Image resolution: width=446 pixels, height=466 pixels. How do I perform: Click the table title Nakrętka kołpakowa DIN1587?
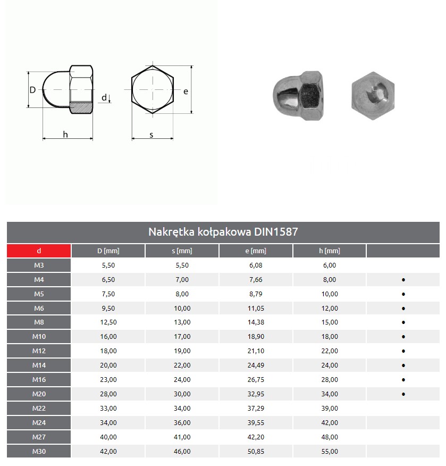(223, 232)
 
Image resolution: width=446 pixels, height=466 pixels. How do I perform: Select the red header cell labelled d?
(39, 251)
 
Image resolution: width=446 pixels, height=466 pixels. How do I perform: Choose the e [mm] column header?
(255, 251)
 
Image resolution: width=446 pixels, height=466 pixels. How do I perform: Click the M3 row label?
(39, 265)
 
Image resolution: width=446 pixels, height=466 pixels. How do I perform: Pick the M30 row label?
(39, 452)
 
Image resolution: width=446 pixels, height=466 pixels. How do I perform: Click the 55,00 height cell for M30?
(329, 452)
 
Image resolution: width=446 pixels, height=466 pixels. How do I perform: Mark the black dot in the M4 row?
(403, 280)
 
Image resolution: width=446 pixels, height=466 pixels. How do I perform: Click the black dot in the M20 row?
(403, 394)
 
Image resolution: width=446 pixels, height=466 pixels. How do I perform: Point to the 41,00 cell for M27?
(182, 437)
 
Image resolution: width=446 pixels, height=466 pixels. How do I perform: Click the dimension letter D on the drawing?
(32, 90)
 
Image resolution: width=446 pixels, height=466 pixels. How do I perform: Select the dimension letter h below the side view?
(65, 135)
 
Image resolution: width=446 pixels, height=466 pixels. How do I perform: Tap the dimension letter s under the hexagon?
(152, 135)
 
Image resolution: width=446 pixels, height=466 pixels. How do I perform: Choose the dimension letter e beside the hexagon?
(186, 91)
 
